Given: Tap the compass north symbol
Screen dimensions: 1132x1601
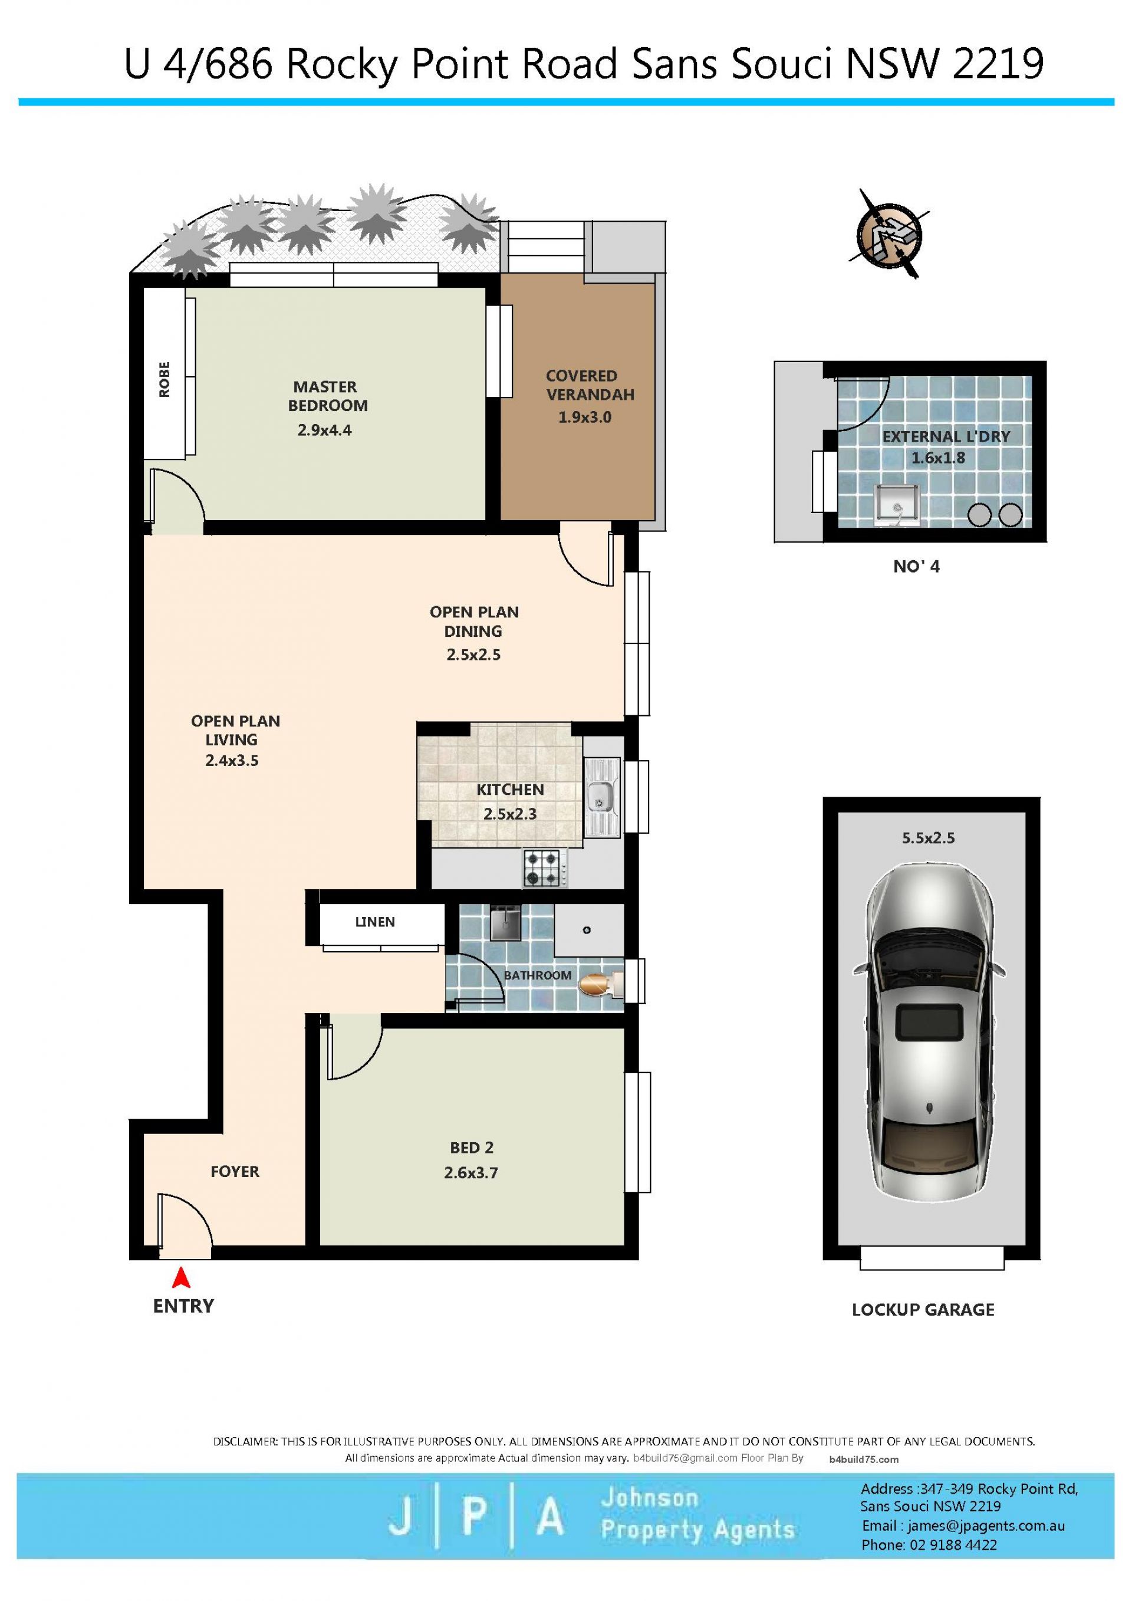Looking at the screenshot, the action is point(889,234).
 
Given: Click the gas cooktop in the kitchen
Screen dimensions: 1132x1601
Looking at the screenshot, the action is point(545,868).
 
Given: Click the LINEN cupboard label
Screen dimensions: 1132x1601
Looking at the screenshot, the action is point(375,922).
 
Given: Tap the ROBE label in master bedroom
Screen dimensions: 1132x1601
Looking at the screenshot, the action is point(164,379).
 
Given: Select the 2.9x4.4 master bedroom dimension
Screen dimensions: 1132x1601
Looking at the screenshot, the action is point(325,430).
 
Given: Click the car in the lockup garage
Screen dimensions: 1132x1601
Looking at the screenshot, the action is point(929,1042).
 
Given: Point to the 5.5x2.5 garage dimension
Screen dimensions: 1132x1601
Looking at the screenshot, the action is point(929,838).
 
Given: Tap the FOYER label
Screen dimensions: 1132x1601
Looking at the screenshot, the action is point(235,1172).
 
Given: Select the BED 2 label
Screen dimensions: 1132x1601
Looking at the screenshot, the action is point(472,1148).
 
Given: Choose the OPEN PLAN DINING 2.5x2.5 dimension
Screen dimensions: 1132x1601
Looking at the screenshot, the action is point(474,655).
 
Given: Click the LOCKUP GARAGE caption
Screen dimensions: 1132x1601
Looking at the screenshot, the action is point(923,1310).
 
